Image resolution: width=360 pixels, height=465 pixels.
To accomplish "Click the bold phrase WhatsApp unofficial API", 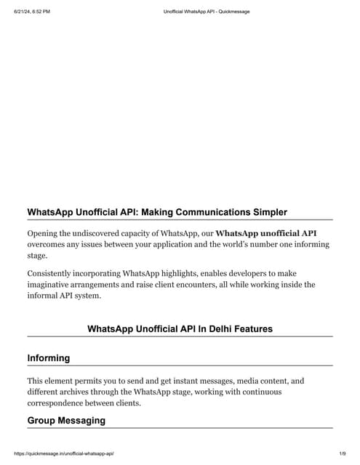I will (266, 233).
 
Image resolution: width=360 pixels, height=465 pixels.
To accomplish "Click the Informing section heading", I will (49, 358).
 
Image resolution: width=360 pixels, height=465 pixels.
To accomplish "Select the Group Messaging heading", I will (66, 421).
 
